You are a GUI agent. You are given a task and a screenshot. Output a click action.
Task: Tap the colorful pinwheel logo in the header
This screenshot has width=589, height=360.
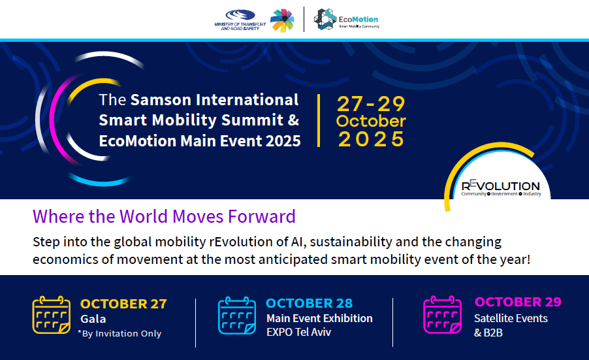coord(282,20)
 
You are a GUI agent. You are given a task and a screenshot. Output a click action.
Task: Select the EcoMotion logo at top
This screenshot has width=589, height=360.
coord(345,20)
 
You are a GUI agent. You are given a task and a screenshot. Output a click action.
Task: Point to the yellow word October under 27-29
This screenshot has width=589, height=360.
coord(371,121)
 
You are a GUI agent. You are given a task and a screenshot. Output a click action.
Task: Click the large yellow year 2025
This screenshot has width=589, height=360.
coord(371,139)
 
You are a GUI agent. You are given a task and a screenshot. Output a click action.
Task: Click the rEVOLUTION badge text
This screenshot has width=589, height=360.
coord(500,186)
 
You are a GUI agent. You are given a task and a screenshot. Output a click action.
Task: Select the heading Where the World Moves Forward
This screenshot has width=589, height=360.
coord(164,216)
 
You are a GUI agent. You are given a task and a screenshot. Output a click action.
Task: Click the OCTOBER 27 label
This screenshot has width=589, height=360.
coord(123,304)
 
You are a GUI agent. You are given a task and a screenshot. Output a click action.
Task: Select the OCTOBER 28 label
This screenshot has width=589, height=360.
coord(309,303)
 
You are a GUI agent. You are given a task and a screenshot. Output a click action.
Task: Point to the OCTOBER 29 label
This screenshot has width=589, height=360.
coord(518,302)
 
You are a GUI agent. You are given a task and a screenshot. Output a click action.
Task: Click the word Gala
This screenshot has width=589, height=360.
coord(93,319)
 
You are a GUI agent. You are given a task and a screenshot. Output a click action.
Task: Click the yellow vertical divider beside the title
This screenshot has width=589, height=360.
coord(319,120)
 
